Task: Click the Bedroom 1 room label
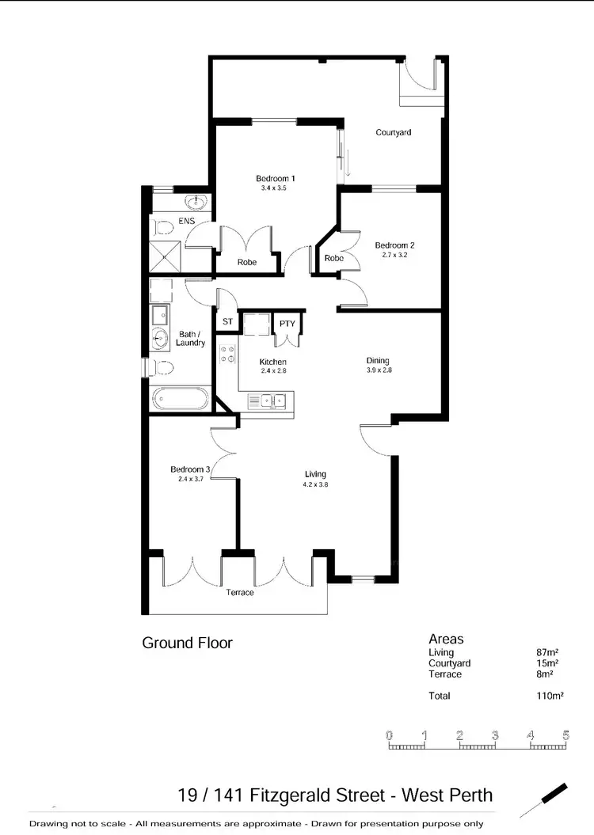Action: pyautogui.click(x=275, y=178)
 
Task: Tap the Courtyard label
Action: pyautogui.click(x=393, y=132)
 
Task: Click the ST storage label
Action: pyautogui.click(x=227, y=322)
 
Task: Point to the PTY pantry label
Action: pyautogui.click(x=286, y=322)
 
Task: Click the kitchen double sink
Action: pyautogui.click(x=271, y=400)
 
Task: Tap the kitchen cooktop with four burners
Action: pyautogui.click(x=228, y=354)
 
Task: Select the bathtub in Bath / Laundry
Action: pyautogui.click(x=180, y=397)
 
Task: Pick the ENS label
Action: pyautogui.click(x=186, y=221)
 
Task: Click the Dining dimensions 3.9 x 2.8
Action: pyautogui.click(x=379, y=370)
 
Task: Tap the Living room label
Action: pyautogui.click(x=315, y=474)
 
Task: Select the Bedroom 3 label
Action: pyautogui.click(x=190, y=469)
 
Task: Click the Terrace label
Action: pyautogui.click(x=240, y=592)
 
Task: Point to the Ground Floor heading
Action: pyautogui.click(x=187, y=643)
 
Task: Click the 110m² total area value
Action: pyautogui.click(x=550, y=696)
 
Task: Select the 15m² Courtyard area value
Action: pyautogui.click(x=547, y=663)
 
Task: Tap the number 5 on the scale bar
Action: pyautogui.click(x=565, y=735)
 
